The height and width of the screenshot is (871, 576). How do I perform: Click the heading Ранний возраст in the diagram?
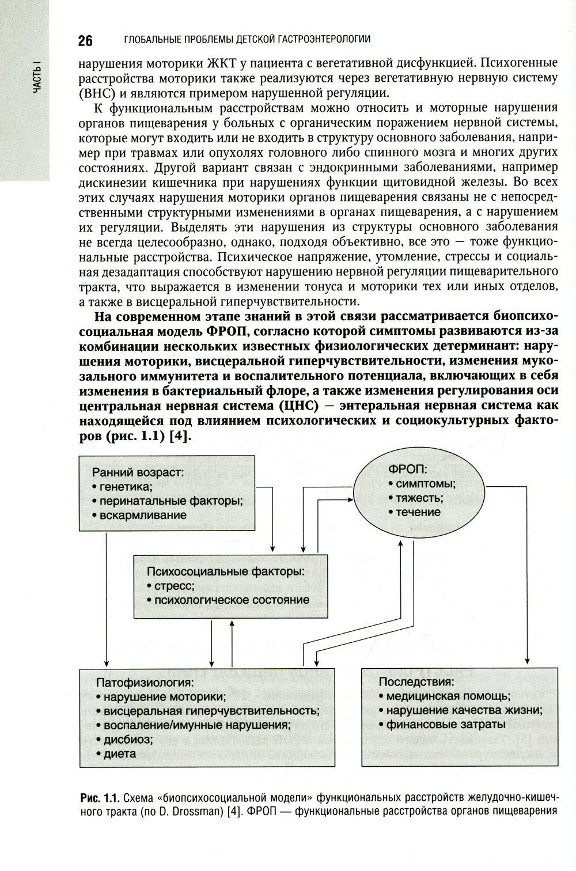pyautogui.click(x=138, y=472)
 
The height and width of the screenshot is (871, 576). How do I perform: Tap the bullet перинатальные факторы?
pyautogui.click(x=171, y=501)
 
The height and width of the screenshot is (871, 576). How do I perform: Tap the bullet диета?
pyautogui.click(x=120, y=753)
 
